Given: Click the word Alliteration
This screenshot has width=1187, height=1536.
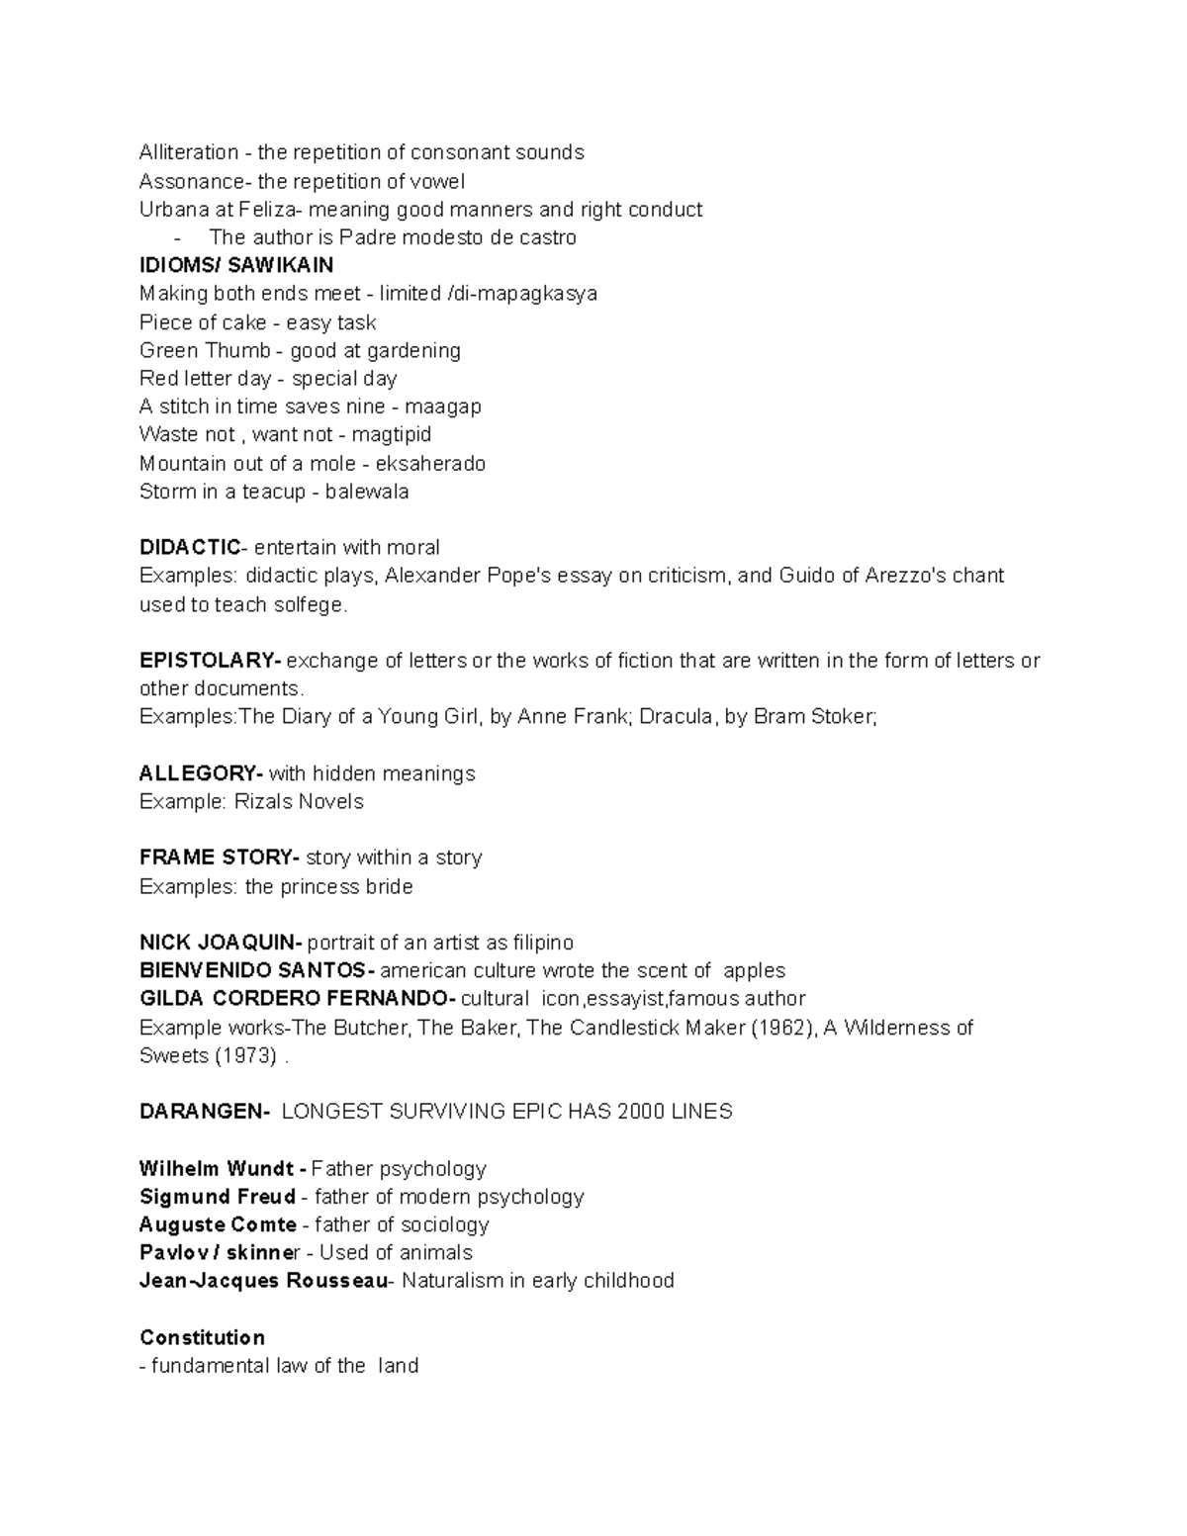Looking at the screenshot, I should coord(189,152).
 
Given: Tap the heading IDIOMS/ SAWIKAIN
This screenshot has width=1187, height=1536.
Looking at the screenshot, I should coord(236,265).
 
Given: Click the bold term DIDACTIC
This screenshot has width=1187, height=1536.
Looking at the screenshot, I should coord(189,547).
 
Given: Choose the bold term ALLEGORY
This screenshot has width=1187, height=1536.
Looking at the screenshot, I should coord(199,772).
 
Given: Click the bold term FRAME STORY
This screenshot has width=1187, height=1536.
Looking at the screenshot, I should coord(217,857).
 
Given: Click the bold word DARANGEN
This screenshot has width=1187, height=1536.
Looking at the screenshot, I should coord(202,1111).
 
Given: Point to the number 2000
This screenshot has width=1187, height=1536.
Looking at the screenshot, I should coord(640,1111).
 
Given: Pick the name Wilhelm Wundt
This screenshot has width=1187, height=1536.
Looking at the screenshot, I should coord(217,1168).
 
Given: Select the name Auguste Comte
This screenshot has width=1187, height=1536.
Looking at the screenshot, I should coord(218,1224).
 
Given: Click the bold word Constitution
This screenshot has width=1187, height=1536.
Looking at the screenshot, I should coord(202,1337).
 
